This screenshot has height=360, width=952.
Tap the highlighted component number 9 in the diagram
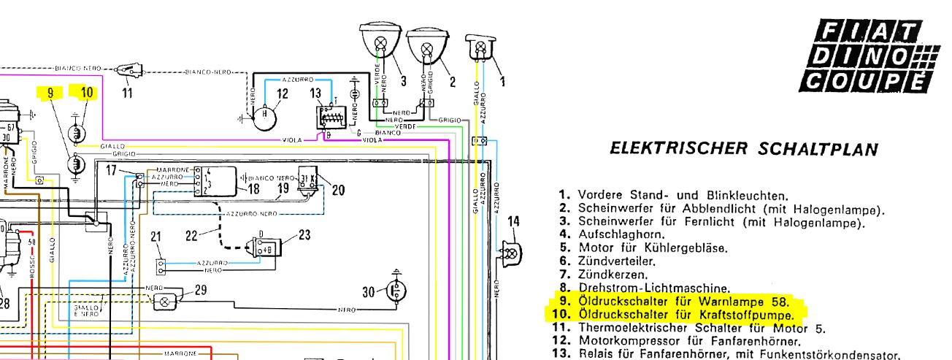coord(50,93)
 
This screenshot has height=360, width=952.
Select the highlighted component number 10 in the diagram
coord(87,92)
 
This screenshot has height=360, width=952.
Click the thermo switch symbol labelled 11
coord(131,72)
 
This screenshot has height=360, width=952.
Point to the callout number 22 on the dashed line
coord(191,235)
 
